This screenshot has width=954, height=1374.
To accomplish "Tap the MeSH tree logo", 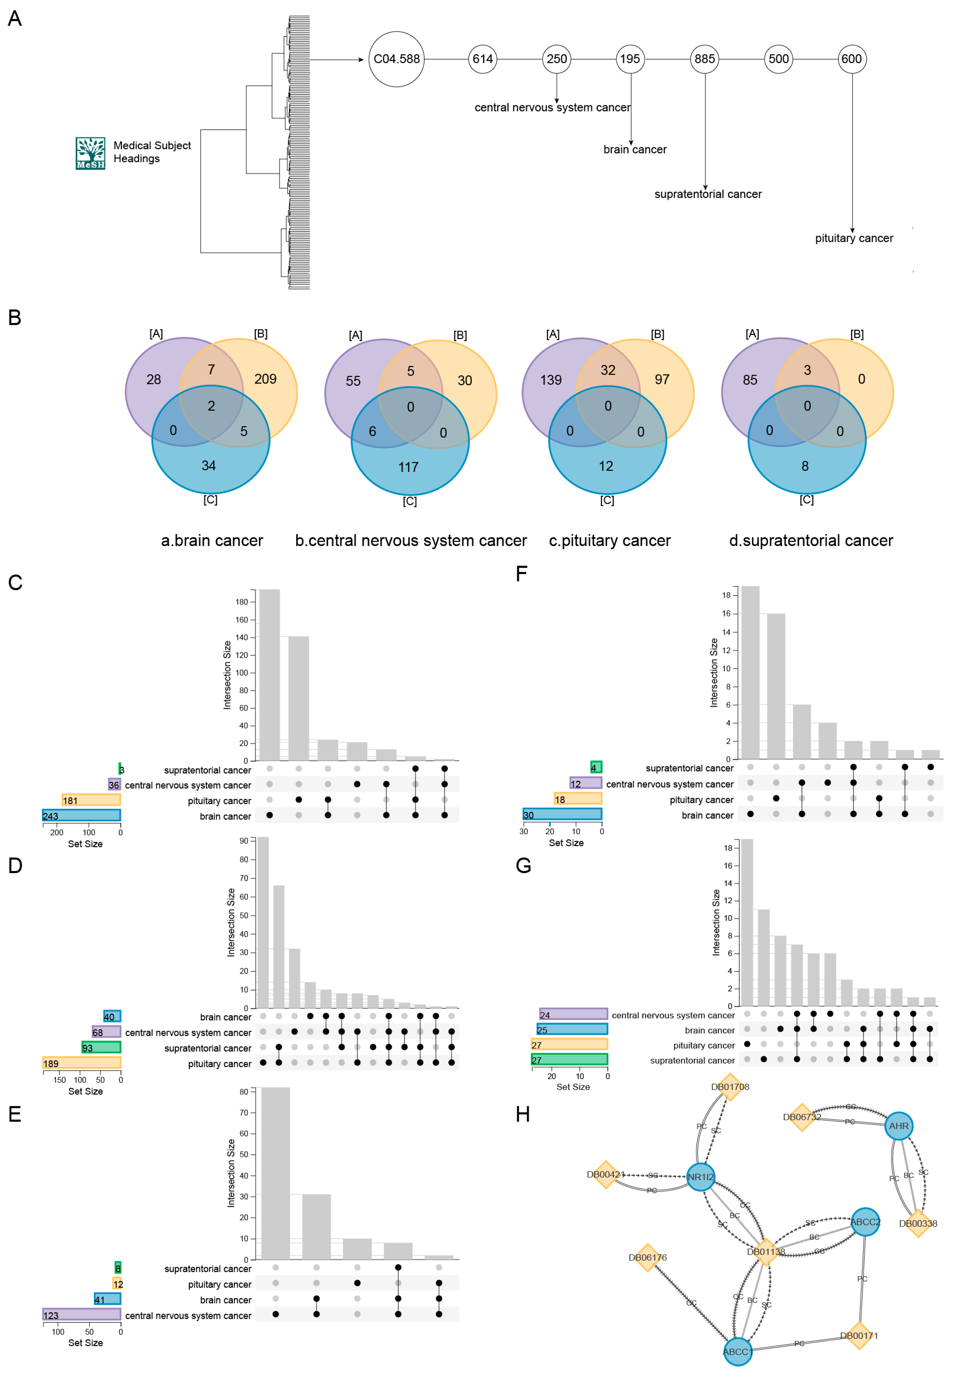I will pos(90,153).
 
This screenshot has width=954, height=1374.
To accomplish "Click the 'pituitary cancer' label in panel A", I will pos(853,238).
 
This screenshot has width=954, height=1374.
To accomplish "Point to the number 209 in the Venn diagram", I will pos(265,379).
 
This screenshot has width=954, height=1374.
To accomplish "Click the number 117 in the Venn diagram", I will pos(409,467).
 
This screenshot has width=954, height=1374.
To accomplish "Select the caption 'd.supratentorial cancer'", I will pos(810,540).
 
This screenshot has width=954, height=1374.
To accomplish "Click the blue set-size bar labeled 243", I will pos(81,816).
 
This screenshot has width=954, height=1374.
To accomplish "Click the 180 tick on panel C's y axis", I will pos(241,602).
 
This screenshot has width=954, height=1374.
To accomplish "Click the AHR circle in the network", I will pos(898,1126).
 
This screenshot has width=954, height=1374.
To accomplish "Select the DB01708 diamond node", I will pos(730,1087).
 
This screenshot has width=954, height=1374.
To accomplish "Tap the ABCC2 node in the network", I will pos(865,1222).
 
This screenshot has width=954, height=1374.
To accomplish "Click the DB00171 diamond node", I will pos(859,1336).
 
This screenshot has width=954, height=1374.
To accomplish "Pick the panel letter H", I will pos(523,1115).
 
